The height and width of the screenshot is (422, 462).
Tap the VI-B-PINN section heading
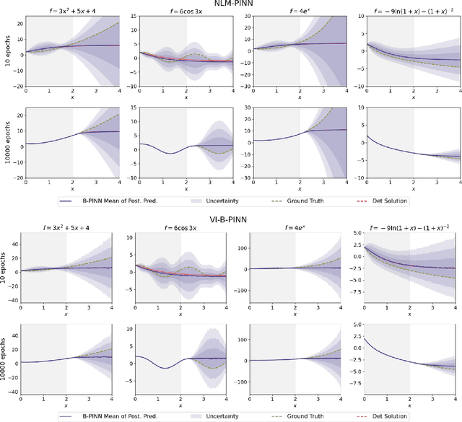tap(232, 216)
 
